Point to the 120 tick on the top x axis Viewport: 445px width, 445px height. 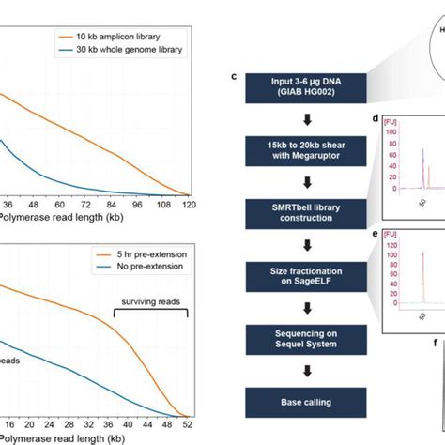click(188, 204)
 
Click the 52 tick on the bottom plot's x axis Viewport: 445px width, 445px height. click(187, 424)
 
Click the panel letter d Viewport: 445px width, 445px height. click(376, 119)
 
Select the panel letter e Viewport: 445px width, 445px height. click(376, 229)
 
